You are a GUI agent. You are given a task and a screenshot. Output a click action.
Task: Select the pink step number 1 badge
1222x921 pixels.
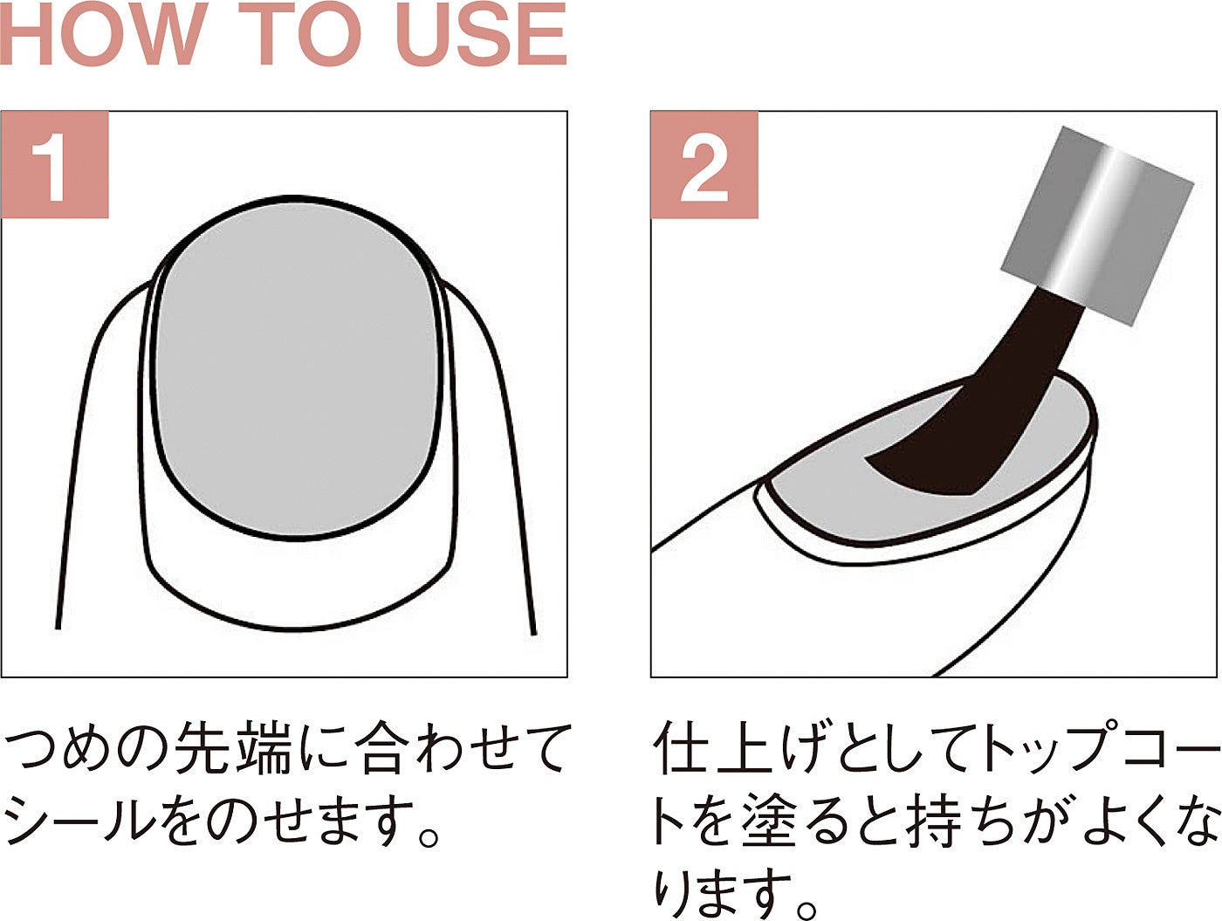[55, 165]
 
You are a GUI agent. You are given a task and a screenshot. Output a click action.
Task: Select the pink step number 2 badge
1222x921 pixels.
[704, 165]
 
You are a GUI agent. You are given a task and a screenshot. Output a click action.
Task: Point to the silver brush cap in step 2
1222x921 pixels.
[1096, 225]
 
